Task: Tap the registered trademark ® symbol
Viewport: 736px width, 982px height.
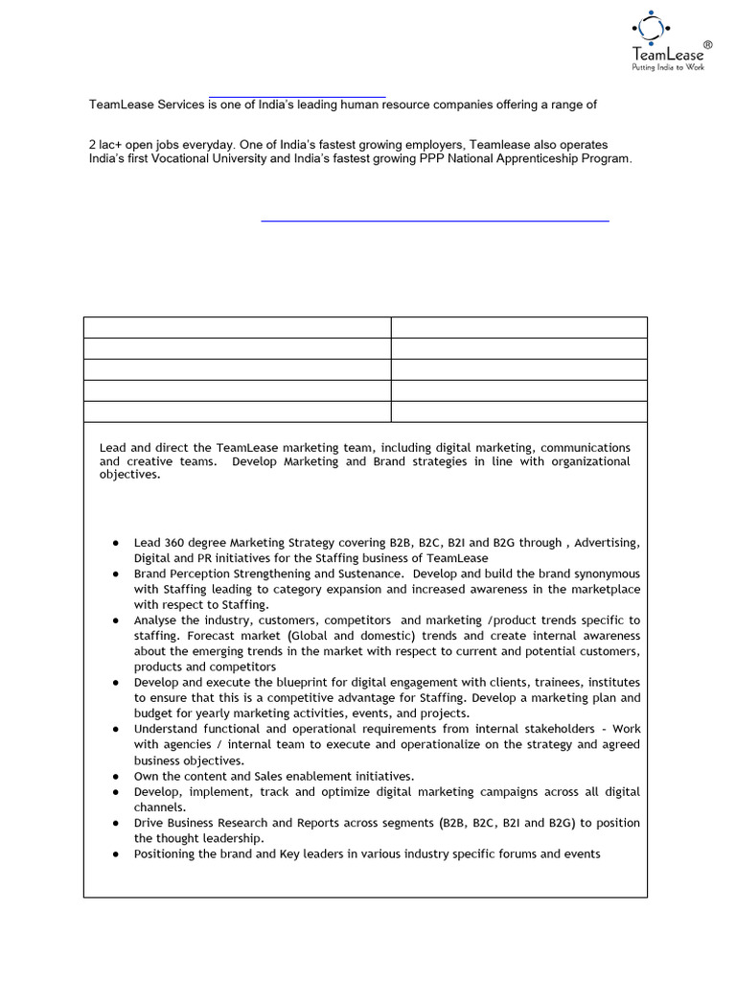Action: [x=708, y=45]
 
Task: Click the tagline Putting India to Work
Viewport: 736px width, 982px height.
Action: [x=667, y=68]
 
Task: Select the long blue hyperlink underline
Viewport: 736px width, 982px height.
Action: [x=435, y=221]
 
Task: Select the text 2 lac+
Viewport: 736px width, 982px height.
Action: [x=107, y=143]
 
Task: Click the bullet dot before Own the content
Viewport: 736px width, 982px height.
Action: [x=115, y=776]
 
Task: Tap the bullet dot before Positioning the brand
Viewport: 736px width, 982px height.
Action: [x=115, y=853]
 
